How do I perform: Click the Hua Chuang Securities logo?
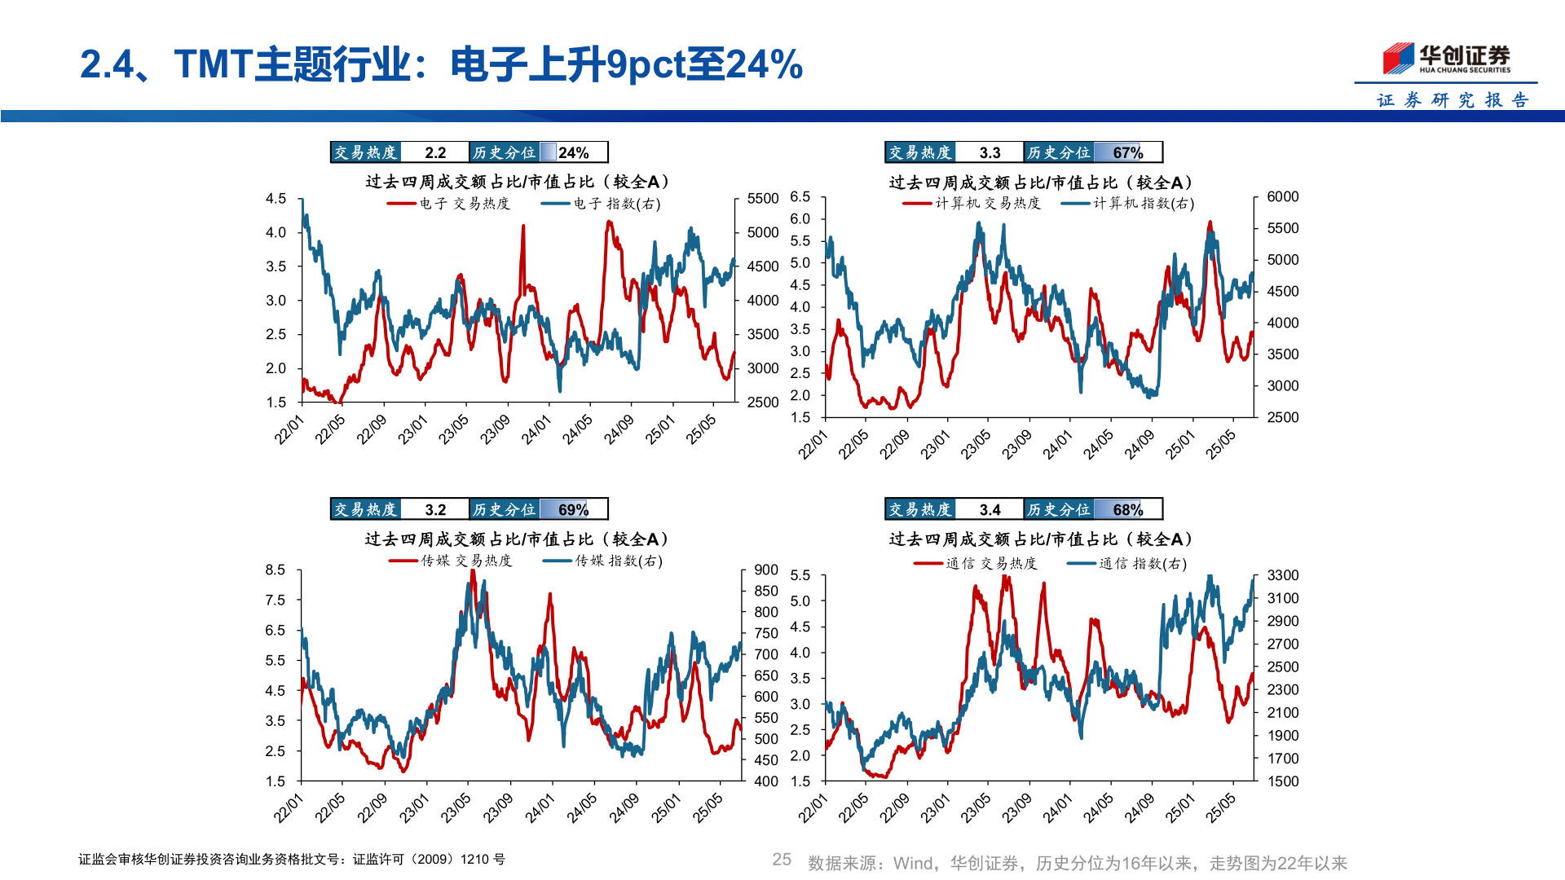(x=1446, y=58)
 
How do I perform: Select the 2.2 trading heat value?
(x=435, y=152)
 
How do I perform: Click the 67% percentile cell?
(x=1127, y=152)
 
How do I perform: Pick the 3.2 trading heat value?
(x=435, y=509)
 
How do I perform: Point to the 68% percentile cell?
(x=1127, y=509)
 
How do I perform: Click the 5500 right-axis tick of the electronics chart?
(x=763, y=199)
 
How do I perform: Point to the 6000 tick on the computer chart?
(x=1282, y=196)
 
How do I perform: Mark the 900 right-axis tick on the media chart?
(x=766, y=570)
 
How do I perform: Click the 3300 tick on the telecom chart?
(x=1282, y=575)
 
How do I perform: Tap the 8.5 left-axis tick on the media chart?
(x=276, y=570)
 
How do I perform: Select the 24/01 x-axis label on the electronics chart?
(x=536, y=429)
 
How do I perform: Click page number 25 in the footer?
(x=782, y=860)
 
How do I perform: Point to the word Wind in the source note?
(x=912, y=863)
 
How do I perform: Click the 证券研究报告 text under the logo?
(x=1453, y=100)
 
